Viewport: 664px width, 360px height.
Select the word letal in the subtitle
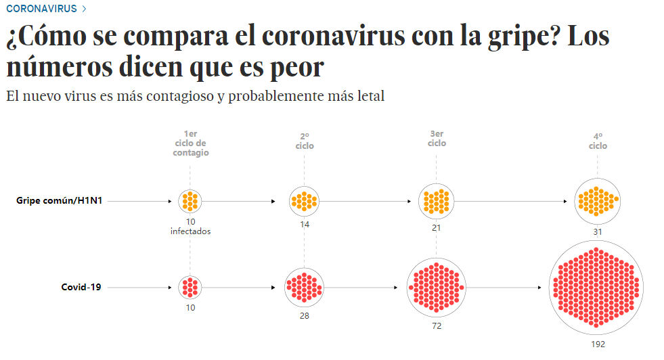366,96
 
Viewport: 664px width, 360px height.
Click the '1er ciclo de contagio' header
190,143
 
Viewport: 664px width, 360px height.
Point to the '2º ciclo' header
305,141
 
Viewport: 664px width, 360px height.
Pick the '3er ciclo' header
437,138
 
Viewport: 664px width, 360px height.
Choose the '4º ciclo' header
598,141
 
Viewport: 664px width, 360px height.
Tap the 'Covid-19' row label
81,287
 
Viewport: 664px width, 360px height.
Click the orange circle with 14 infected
304,201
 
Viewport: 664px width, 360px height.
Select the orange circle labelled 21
436,201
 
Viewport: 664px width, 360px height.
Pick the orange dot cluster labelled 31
597,201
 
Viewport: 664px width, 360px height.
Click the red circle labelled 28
305,287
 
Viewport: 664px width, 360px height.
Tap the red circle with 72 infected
436,287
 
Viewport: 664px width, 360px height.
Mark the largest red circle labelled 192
596,287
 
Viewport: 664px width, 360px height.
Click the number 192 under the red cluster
597,344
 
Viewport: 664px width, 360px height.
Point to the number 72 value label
436,325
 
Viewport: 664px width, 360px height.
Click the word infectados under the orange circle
190,231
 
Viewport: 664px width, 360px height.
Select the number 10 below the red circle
190,308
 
